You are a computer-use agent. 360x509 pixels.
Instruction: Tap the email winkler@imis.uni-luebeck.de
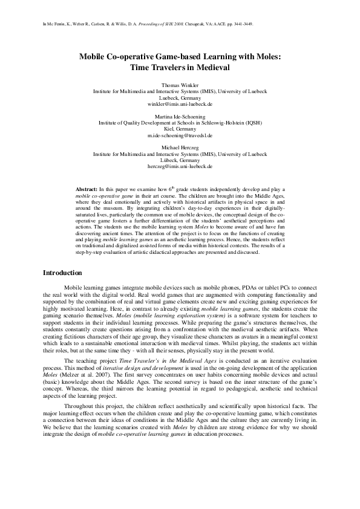[x=180, y=104]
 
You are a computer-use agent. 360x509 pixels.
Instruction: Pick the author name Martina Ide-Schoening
[x=180, y=116]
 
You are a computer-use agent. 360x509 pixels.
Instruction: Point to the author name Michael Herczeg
[x=180, y=147]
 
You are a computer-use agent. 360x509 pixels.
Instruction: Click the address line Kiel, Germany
[x=180, y=129]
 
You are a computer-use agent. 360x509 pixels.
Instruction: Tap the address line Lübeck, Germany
[x=180, y=160]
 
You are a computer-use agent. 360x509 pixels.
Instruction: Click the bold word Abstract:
[x=91, y=190]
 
